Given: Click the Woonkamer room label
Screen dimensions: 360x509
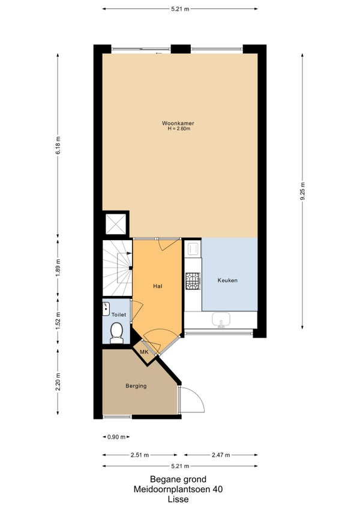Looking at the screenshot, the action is click(x=178, y=124).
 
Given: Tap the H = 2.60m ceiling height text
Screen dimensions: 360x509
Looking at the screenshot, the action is click(x=179, y=128).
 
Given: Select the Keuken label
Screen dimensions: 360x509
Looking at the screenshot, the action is click(x=227, y=280).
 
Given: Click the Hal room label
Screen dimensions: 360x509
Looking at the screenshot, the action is click(x=157, y=286).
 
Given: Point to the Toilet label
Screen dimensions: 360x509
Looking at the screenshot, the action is click(x=119, y=315).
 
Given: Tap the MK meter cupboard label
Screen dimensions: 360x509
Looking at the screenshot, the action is click(x=144, y=352).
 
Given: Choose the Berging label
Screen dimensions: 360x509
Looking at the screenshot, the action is click(x=136, y=386).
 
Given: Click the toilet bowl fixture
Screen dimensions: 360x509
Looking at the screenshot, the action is click(x=116, y=333).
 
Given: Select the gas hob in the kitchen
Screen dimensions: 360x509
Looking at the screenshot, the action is click(x=193, y=281).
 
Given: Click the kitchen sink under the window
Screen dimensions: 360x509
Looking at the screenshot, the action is click(x=221, y=320).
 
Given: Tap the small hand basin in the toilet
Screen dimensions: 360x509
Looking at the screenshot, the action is click(x=106, y=309).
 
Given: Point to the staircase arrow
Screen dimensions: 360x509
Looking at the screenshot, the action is click(x=125, y=256).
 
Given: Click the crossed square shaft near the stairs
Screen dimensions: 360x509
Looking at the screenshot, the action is click(x=116, y=224).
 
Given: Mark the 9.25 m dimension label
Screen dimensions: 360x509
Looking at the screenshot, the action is click(x=302, y=191).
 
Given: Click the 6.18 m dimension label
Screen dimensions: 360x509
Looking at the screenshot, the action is click(x=58, y=146).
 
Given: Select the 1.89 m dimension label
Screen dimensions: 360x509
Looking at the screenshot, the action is click(x=58, y=268).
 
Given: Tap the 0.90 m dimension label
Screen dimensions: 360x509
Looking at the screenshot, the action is click(x=116, y=437).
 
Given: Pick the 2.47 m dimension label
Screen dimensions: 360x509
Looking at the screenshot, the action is click(x=221, y=455).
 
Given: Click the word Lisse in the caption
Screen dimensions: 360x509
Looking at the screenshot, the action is click(x=178, y=499).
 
